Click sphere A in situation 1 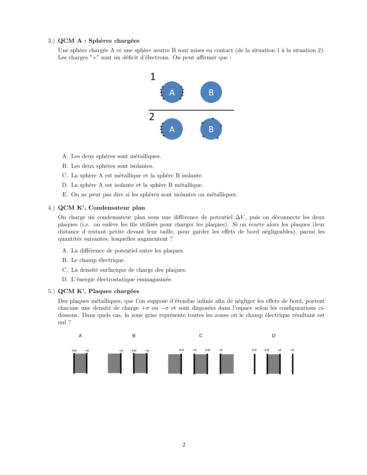coord(172,92)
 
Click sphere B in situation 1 coord(211,92)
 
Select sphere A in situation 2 coord(172,129)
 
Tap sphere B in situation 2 coord(211,129)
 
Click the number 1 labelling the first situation coord(153,77)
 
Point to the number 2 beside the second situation coord(152,117)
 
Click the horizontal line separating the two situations coord(191,110)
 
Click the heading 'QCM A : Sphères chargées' coord(99,41)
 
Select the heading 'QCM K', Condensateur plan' coord(101,208)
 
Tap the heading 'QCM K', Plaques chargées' coord(98,291)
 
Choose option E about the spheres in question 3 coord(154,195)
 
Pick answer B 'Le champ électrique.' coord(98,260)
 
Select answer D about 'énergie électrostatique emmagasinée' coord(121,280)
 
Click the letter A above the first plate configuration coord(80,336)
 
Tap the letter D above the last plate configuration coord(273,336)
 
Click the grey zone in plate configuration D coord(274,364)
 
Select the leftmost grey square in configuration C coord(174,364)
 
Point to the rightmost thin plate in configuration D coord(292,364)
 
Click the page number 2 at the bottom coord(184,445)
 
